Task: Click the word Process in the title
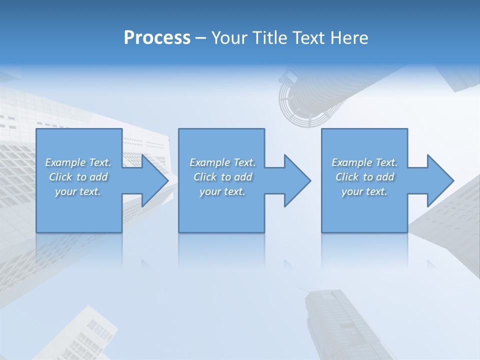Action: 157,38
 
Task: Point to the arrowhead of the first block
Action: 155,180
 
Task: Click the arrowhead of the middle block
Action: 297,180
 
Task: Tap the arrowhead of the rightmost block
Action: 440,180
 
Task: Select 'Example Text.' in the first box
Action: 78,162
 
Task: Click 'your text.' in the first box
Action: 78,191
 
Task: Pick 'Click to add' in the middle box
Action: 222,177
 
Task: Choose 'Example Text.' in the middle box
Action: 222,162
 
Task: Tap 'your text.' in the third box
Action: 364,191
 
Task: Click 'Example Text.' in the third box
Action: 364,162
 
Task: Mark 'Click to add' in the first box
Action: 78,177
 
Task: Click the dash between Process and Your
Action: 200,38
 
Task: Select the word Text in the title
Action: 308,38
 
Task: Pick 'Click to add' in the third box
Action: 364,177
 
